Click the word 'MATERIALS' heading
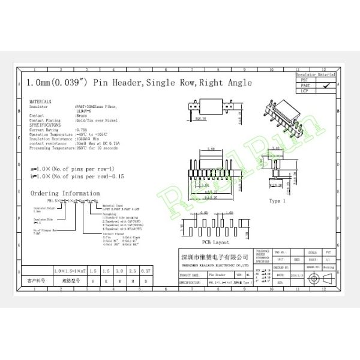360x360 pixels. point(40,102)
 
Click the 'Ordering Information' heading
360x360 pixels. point(65,193)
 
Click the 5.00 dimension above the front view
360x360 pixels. point(212,149)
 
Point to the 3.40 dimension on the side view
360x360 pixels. point(277,146)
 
